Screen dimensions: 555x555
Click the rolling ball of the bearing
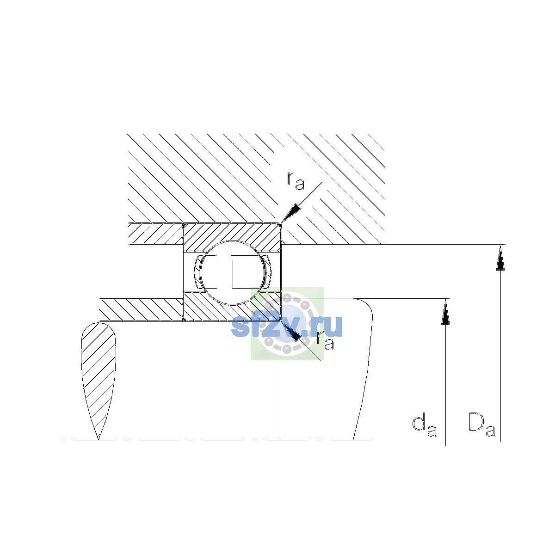pos(233,272)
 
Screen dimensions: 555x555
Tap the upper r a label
pos(296,181)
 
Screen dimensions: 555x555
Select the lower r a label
pos(326,340)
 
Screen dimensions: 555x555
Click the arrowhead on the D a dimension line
pos(500,257)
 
